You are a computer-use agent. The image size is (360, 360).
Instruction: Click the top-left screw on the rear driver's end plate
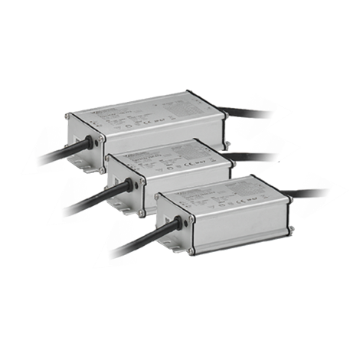(x=69, y=117)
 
